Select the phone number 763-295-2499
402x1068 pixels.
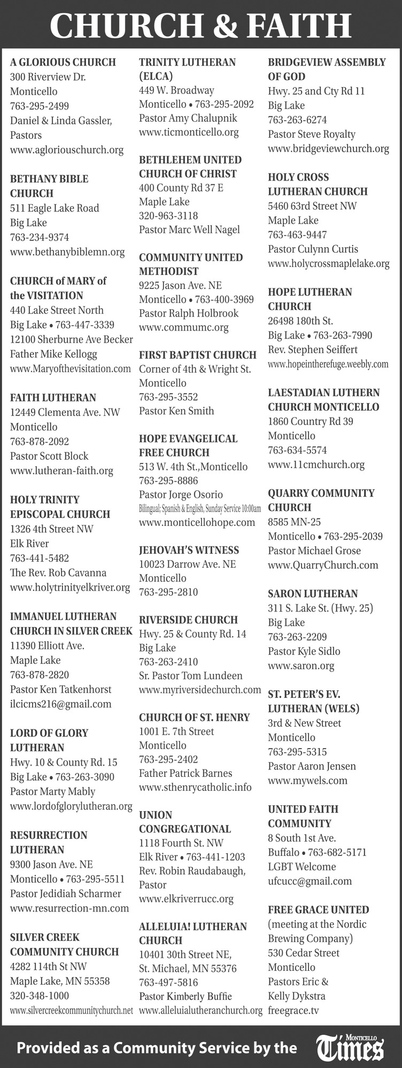click(x=40, y=106)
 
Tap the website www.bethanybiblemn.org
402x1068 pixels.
click(x=67, y=252)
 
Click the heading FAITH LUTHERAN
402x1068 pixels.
click(x=53, y=397)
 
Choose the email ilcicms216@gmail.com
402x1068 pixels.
click(x=61, y=703)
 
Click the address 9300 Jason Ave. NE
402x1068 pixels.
click(x=51, y=864)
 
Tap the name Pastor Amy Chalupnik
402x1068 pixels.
click(x=188, y=118)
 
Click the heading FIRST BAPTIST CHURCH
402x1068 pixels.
click(x=198, y=355)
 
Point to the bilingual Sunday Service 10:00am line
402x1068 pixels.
click(x=200, y=508)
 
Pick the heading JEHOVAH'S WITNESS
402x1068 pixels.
click(x=189, y=550)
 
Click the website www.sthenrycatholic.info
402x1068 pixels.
click(x=195, y=787)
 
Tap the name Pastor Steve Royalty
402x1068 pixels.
click(x=312, y=134)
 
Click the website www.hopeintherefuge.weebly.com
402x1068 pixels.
click(x=328, y=364)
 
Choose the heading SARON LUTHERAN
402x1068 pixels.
click(x=313, y=593)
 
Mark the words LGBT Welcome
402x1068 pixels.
click(x=302, y=867)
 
